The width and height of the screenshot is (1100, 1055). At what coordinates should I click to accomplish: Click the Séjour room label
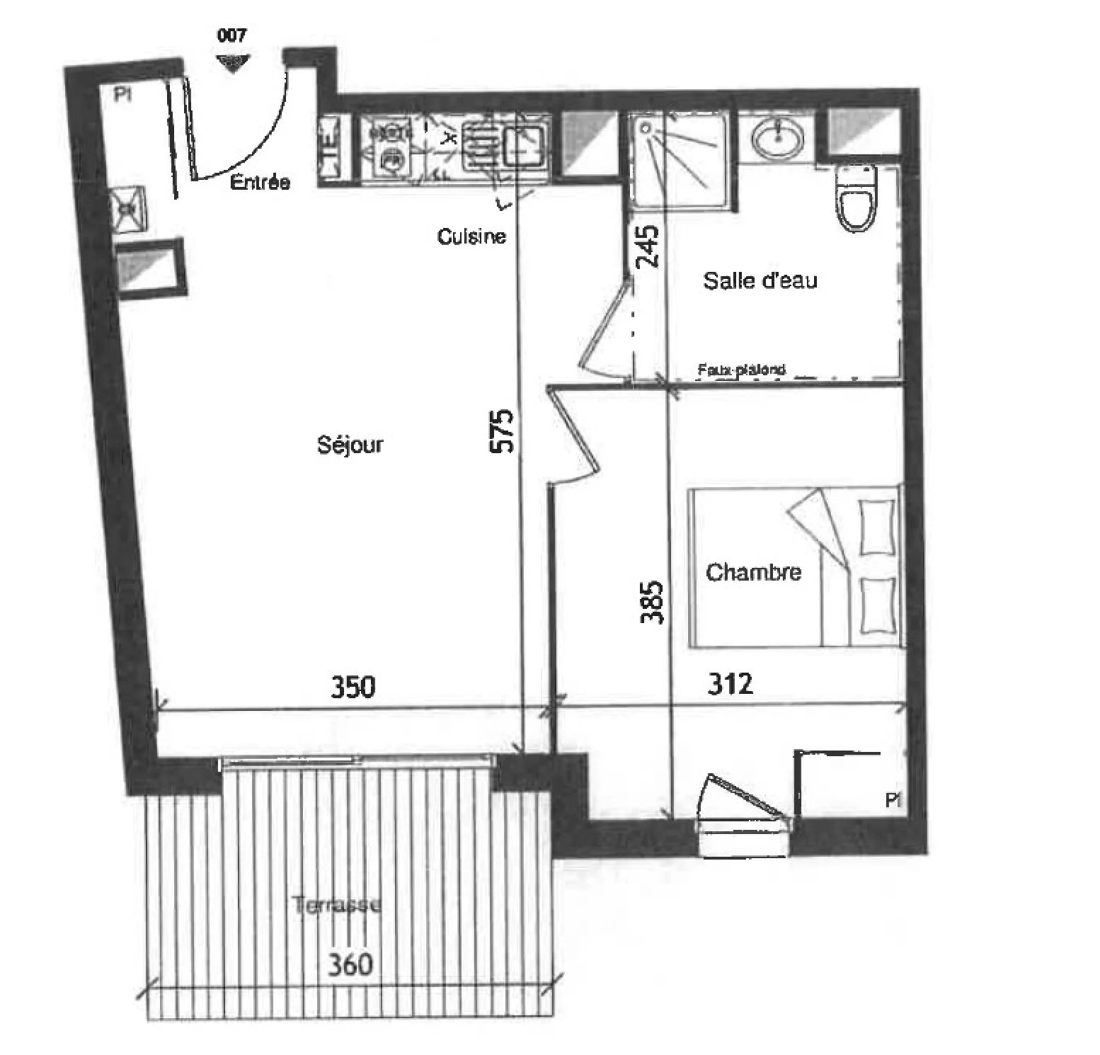(x=350, y=444)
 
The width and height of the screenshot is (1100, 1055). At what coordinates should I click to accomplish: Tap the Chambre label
(x=753, y=571)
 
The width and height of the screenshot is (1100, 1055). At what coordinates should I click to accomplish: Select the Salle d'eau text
(x=760, y=280)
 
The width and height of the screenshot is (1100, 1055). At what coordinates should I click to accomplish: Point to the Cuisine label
(x=471, y=236)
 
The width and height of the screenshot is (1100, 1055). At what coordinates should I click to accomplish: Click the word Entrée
(x=260, y=183)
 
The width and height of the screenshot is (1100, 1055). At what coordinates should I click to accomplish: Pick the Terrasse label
(x=338, y=904)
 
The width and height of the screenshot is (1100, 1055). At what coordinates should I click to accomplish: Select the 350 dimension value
(x=353, y=686)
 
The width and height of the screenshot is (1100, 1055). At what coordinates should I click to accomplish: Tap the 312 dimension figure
(x=730, y=683)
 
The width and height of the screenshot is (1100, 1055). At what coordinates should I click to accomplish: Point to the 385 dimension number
(x=651, y=602)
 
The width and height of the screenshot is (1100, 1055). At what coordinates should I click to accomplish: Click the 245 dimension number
(x=647, y=246)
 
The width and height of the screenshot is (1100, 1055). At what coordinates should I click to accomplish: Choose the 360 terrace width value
(x=350, y=964)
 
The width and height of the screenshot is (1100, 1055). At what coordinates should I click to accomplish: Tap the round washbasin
(x=777, y=139)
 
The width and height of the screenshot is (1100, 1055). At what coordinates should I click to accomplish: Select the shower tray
(x=678, y=160)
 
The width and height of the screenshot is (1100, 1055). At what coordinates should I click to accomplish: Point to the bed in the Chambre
(x=796, y=566)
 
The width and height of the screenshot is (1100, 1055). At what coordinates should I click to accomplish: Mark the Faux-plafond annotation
(x=741, y=370)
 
